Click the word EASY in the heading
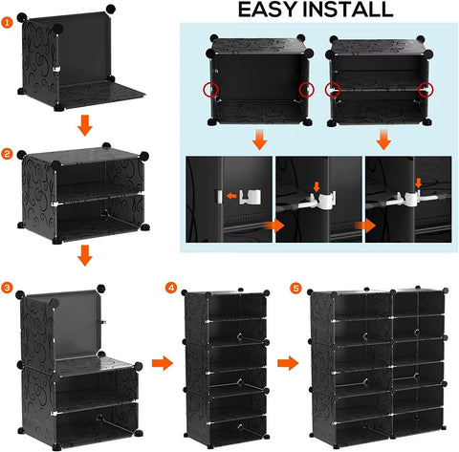(260, 11)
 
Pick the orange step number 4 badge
(171, 287)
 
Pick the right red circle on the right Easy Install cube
(425, 90)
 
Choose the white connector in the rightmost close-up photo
(414, 197)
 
